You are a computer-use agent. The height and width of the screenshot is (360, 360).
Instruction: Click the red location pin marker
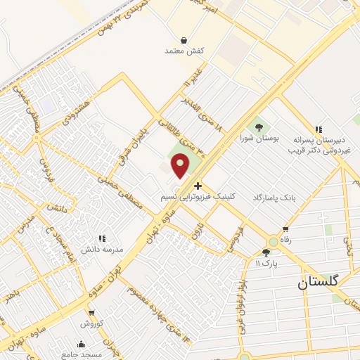181,166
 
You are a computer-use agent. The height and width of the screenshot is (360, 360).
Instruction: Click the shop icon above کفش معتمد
184,40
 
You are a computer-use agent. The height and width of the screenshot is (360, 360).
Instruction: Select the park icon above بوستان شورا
259,127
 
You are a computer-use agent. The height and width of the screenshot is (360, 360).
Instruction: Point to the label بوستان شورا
259,139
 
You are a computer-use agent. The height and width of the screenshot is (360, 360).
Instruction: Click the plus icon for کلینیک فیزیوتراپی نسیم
198,186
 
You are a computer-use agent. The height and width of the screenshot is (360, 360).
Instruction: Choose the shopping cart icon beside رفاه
285,229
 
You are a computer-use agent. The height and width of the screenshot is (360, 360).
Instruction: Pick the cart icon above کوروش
91,313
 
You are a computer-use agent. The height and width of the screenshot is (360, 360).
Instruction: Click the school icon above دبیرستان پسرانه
319,129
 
